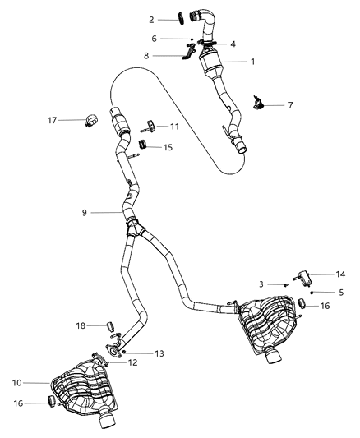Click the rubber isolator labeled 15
tap(142, 145)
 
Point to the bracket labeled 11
tap(150, 126)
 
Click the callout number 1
tap(253, 62)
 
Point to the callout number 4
tap(233, 44)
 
